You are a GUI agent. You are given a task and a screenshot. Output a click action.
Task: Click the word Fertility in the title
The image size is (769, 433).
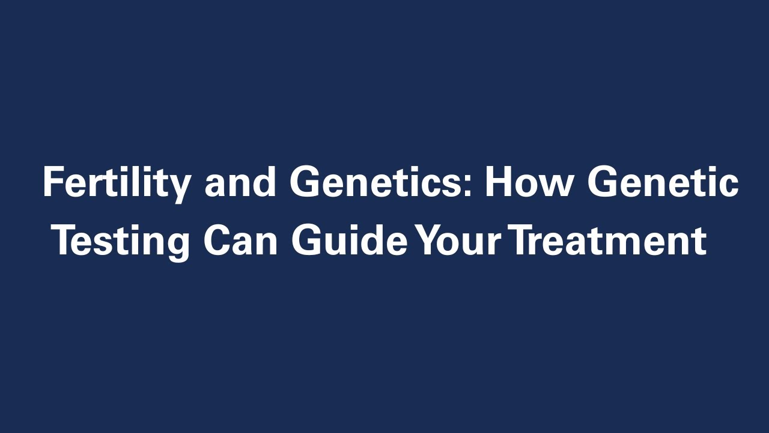[x=117, y=183]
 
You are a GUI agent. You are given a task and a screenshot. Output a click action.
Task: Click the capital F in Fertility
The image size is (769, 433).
[x=53, y=183]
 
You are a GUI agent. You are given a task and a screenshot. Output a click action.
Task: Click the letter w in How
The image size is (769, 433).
[x=553, y=186]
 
